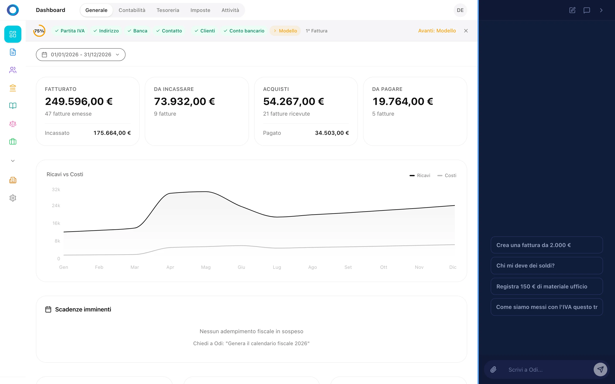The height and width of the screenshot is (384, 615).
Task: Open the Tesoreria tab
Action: pos(168,10)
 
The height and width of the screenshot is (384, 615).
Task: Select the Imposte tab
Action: pos(200,10)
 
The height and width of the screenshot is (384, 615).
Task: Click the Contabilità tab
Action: pos(132,10)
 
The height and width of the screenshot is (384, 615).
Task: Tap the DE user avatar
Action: pos(460,10)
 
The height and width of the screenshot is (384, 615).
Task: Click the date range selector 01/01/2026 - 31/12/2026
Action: pos(81,55)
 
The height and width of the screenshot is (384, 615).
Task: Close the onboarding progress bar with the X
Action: pos(466,31)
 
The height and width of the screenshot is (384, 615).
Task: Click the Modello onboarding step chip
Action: pos(285,31)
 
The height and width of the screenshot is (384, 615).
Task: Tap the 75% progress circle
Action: pos(39,31)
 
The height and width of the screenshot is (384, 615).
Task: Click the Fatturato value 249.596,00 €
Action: pos(79,101)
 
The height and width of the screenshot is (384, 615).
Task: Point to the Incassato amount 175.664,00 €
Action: pos(112,133)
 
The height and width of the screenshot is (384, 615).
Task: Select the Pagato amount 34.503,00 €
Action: pos(332,133)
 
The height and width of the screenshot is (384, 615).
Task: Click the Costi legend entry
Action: pos(447,176)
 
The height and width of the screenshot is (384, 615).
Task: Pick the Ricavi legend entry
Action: pos(420,176)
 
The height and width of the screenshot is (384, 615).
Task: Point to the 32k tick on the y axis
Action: pos(56,189)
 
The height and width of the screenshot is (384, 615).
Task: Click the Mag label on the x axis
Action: pos(206,267)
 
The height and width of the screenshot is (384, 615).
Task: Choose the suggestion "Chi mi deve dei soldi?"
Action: pos(546,266)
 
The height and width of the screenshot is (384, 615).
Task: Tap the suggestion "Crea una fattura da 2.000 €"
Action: pos(546,245)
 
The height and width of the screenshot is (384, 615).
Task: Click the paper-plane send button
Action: pos(600,369)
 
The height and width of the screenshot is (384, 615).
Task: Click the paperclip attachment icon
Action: pos(493,369)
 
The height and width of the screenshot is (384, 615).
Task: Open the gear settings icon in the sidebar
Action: pos(13,198)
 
